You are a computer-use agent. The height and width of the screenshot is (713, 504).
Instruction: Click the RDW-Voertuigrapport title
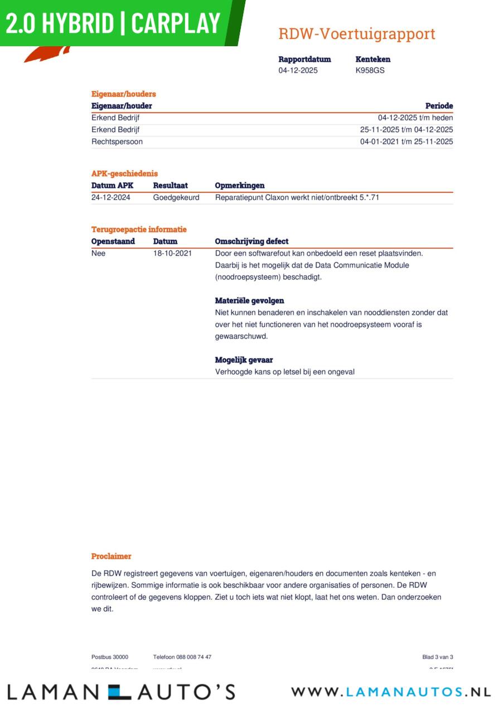click(357, 34)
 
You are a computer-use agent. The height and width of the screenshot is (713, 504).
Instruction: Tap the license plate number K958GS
click(370, 71)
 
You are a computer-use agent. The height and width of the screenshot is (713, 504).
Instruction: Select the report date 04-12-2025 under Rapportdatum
click(298, 71)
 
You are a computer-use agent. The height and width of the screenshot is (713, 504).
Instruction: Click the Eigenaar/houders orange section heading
click(124, 94)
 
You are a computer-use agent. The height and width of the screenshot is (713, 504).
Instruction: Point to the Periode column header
click(439, 106)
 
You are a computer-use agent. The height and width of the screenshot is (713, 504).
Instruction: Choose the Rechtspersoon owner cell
click(117, 142)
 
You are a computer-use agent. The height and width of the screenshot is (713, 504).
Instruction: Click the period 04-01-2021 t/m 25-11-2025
click(406, 142)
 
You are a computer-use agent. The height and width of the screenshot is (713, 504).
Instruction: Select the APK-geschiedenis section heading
click(124, 174)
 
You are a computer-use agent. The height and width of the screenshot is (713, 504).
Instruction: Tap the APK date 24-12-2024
click(111, 197)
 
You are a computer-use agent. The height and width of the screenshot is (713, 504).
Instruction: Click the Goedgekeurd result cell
click(176, 197)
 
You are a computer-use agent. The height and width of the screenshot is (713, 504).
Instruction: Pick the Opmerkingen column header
click(240, 185)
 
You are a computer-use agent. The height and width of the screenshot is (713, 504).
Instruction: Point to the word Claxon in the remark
click(277, 197)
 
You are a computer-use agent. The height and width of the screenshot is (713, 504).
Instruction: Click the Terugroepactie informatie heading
click(139, 229)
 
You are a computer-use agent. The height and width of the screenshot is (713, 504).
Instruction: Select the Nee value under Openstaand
click(98, 253)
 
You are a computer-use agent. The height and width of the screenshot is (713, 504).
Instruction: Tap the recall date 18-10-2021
click(172, 253)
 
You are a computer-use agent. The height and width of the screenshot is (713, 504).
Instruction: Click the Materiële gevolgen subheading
click(249, 301)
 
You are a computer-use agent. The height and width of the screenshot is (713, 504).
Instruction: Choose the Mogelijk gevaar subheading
click(244, 360)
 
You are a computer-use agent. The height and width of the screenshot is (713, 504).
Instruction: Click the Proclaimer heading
click(112, 556)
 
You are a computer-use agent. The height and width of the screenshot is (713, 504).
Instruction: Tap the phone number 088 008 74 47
click(194, 657)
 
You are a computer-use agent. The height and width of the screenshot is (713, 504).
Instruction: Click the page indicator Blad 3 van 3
click(438, 657)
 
